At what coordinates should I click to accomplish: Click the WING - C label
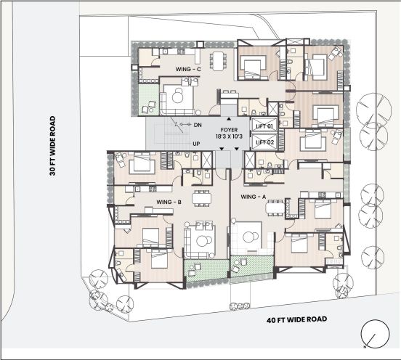click(x=188, y=69)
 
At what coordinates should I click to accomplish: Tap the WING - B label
click(x=169, y=202)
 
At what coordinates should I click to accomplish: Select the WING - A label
click(x=254, y=197)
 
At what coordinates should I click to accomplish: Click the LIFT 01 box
click(x=264, y=126)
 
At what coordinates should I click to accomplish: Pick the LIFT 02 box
click(x=264, y=142)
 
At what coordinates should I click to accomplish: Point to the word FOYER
click(x=229, y=130)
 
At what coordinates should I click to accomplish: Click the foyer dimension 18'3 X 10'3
click(x=229, y=136)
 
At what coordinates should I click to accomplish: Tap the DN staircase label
click(x=198, y=125)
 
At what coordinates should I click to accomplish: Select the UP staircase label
click(x=196, y=144)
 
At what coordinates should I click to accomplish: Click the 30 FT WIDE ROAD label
click(x=52, y=146)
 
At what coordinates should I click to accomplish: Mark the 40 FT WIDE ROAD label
click(x=296, y=319)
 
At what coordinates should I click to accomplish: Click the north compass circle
click(x=375, y=334)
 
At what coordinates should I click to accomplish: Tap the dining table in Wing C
click(x=218, y=61)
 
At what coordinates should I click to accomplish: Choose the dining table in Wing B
click(x=202, y=198)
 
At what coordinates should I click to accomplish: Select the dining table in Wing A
click(x=275, y=208)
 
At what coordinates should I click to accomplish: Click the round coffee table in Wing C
click(x=177, y=96)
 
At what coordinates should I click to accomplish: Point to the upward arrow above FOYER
click(x=229, y=119)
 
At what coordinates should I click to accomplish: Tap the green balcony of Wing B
click(x=206, y=270)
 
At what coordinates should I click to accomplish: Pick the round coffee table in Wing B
click(x=202, y=241)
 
